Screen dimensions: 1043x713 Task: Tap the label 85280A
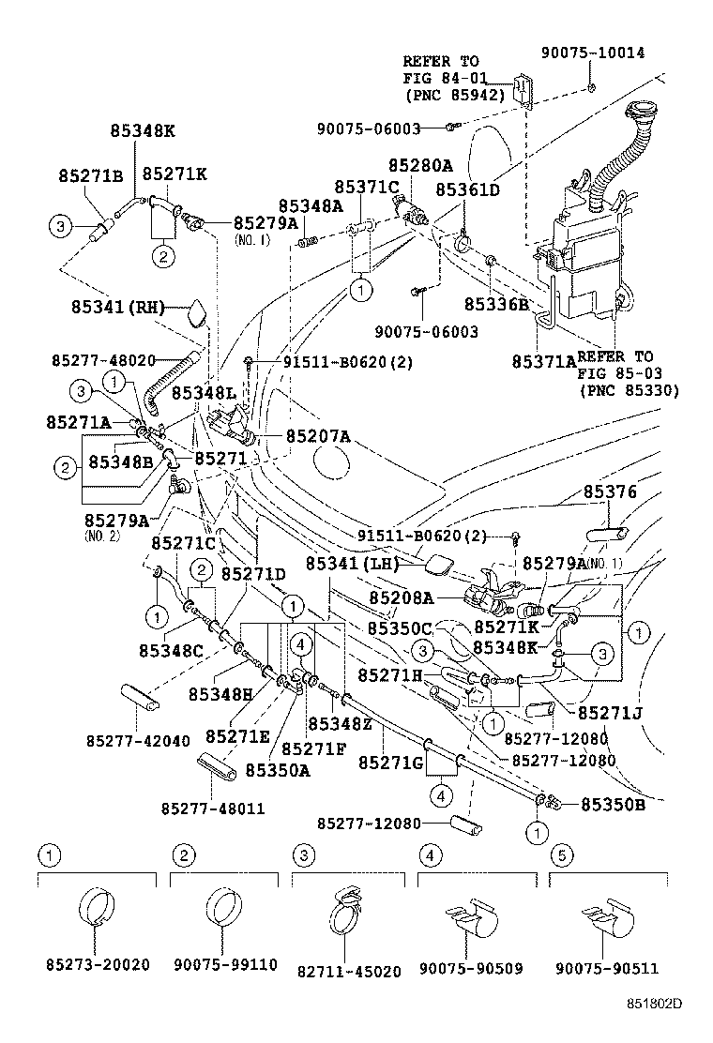click(x=420, y=167)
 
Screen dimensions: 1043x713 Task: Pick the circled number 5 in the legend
click(x=560, y=854)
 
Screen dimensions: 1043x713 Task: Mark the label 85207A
click(x=318, y=436)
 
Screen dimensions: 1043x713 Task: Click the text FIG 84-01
click(x=441, y=78)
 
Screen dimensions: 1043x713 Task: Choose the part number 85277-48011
click(x=212, y=808)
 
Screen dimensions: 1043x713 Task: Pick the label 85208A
click(x=401, y=597)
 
